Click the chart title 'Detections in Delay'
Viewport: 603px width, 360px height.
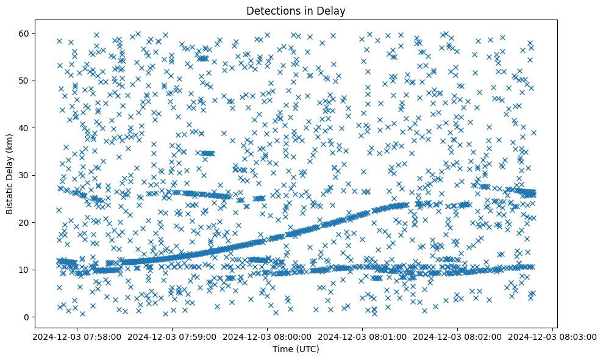[295, 10]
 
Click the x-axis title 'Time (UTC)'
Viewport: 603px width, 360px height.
[295, 349]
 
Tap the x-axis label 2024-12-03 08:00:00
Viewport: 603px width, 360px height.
[266, 336]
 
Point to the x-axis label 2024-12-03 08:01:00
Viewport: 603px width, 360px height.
[362, 336]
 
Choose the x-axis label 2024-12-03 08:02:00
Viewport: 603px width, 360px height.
[458, 336]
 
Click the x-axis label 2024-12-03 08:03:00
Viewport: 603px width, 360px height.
[554, 336]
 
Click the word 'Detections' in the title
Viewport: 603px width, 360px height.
[270, 10]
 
